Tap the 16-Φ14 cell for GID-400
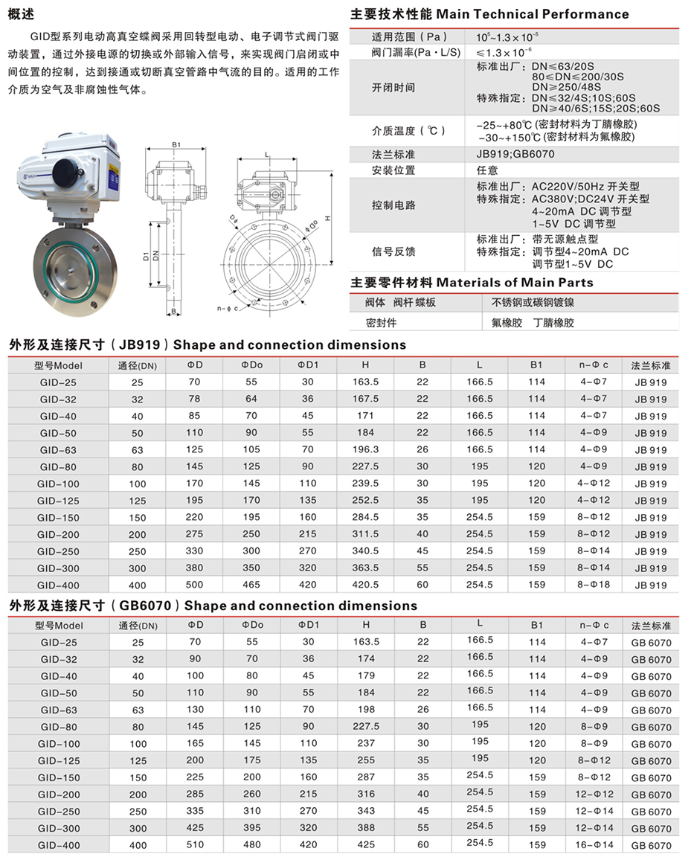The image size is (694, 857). point(594,845)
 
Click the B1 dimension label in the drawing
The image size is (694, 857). point(176,144)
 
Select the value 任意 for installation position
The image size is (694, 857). point(487,170)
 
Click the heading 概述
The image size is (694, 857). point(23,13)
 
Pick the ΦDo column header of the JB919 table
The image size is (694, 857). point(252,365)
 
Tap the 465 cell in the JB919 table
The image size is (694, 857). point(252,585)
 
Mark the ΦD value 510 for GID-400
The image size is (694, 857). point(195,845)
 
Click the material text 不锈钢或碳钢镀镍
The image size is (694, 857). point(533,303)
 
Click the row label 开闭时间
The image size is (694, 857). point(393,88)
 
